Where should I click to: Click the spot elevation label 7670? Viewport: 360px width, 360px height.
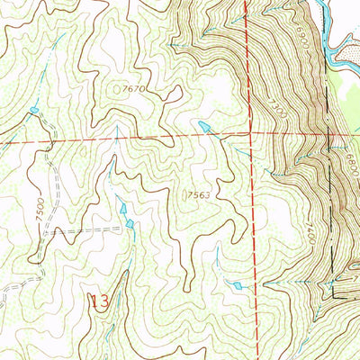131,90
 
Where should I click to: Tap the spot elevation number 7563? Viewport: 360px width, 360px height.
199,193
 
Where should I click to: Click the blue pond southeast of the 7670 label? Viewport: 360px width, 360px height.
206,126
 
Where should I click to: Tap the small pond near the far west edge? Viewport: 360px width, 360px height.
34,111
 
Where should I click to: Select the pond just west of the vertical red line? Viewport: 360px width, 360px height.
237,285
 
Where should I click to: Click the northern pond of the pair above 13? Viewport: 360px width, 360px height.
123,209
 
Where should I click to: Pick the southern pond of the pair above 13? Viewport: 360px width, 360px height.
130,222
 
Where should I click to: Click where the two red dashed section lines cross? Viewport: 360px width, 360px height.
251,131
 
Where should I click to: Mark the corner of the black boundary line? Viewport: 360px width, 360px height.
334,295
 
